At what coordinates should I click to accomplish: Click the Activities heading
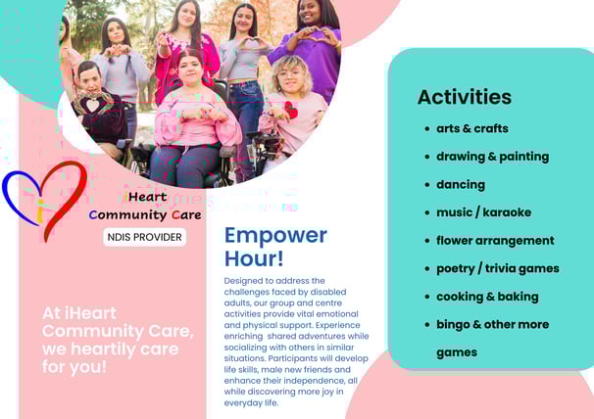coord(464,97)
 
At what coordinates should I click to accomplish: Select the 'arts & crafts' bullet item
coord(472,128)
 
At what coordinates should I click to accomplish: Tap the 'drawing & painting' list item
coord(492,157)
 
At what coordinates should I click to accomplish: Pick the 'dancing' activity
coord(461,184)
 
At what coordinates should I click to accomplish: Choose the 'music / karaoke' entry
coord(484,212)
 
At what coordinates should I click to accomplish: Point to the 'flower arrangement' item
coord(495,241)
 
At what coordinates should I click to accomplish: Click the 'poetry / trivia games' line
coord(498,268)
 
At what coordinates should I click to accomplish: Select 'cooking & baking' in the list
coord(487,297)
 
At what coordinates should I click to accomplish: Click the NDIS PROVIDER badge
coord(145,237)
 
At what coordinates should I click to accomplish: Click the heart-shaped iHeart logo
coord(45,201)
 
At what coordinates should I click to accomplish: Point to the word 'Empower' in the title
coord(275,235)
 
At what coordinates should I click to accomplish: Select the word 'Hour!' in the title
coord(254,258)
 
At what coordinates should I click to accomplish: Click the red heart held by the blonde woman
coord(291,110)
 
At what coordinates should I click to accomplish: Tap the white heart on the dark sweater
coord(92,105)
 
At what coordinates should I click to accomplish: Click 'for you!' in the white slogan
coord(74,366)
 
